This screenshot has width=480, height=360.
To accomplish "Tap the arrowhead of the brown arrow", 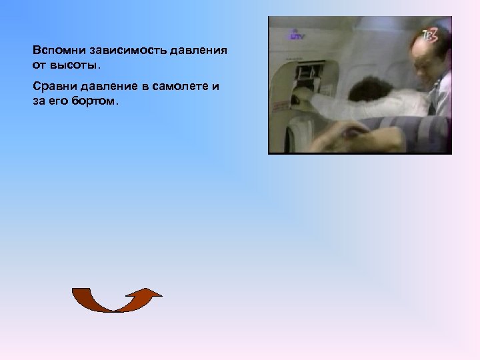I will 151,293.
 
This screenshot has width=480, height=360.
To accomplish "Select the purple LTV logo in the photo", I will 296,35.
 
